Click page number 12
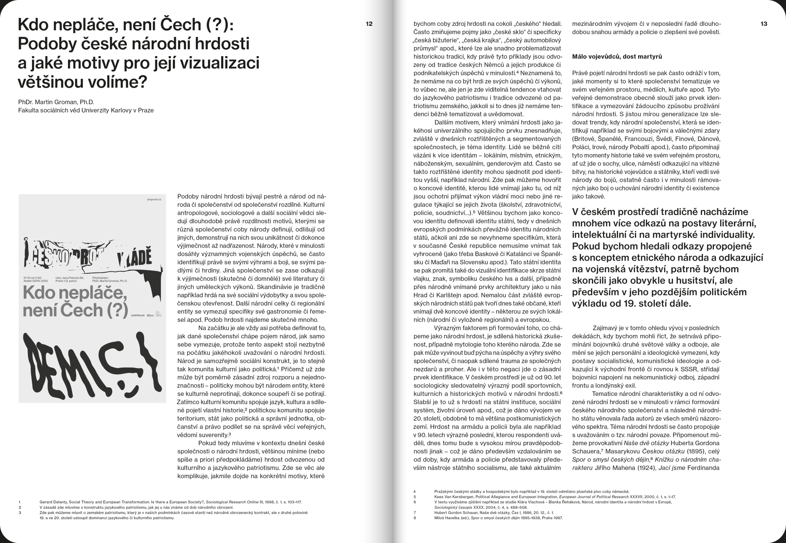[369, 24]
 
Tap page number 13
[763, 24]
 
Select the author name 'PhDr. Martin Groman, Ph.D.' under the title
[56, 102]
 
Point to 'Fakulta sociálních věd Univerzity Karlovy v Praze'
[86, 110]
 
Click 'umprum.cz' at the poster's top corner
[154, 200]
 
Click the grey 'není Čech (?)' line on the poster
[75, 310]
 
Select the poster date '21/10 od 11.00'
[33, 277]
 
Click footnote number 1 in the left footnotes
[20, 502]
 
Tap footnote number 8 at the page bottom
[415, 518]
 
